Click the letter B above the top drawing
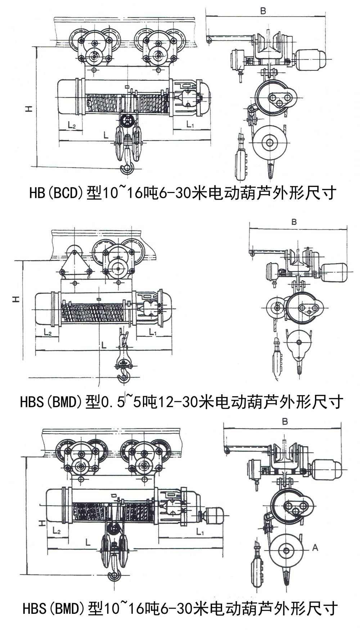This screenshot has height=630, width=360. [263, 11]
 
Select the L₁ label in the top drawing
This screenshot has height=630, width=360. [190, 125]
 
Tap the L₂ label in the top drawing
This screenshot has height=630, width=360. [72, 125]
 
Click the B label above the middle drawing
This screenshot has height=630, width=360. [294, 222]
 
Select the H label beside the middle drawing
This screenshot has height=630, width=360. [16, 299]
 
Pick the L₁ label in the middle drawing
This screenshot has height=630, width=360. [153, 332]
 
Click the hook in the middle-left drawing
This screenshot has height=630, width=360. [124, 375]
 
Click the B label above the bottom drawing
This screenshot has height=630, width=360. [285, 421]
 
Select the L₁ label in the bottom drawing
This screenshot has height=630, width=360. [200, 531]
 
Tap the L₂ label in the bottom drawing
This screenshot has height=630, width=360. [56, 531]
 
